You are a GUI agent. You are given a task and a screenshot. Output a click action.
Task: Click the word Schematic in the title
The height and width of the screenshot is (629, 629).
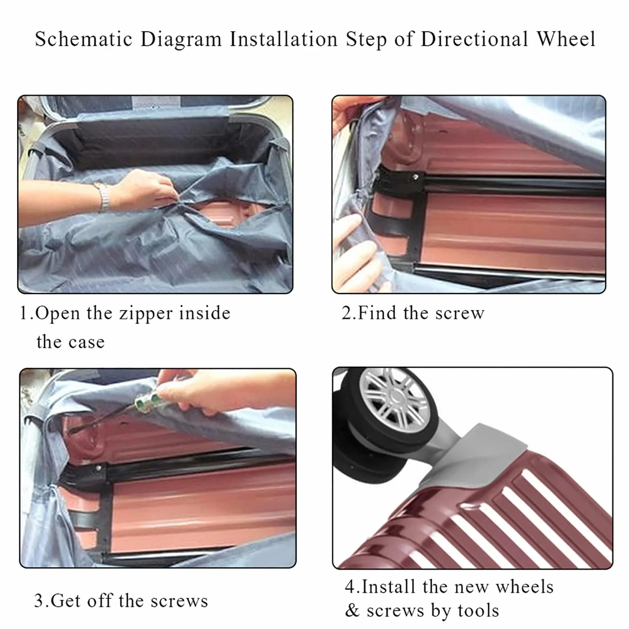click(x=83, y=39)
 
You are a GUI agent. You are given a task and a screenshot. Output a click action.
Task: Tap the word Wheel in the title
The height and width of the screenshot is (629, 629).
click(x=566, y=39)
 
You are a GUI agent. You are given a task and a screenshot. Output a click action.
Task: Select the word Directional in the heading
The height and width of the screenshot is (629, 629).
click(x=474, y=39)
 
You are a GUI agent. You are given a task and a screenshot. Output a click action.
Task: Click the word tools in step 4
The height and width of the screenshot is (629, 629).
click(x=478, y=611)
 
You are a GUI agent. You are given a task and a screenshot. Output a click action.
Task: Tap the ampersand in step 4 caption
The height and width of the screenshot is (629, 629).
click(x=352, y=611)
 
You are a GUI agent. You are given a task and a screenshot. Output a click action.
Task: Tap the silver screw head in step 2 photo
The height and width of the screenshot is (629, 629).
click(x=416, y=176)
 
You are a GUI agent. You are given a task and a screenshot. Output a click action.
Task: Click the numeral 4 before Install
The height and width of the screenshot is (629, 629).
click(x=350, y=587)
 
